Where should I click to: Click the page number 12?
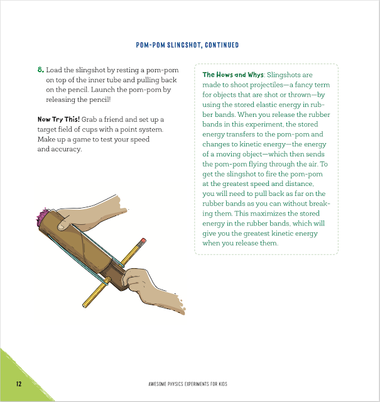[x=19, y=384]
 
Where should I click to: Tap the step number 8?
[x=41, y=70]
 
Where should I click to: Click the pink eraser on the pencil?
[x=143, y=241]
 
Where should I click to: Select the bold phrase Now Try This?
[x=58, y=119]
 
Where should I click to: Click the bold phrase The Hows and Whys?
[x=233, y=75]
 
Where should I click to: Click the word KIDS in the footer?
[x=223, y=384]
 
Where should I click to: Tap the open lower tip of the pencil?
[x=84, y=306]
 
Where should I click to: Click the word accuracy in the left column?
[x=66, y=149]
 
